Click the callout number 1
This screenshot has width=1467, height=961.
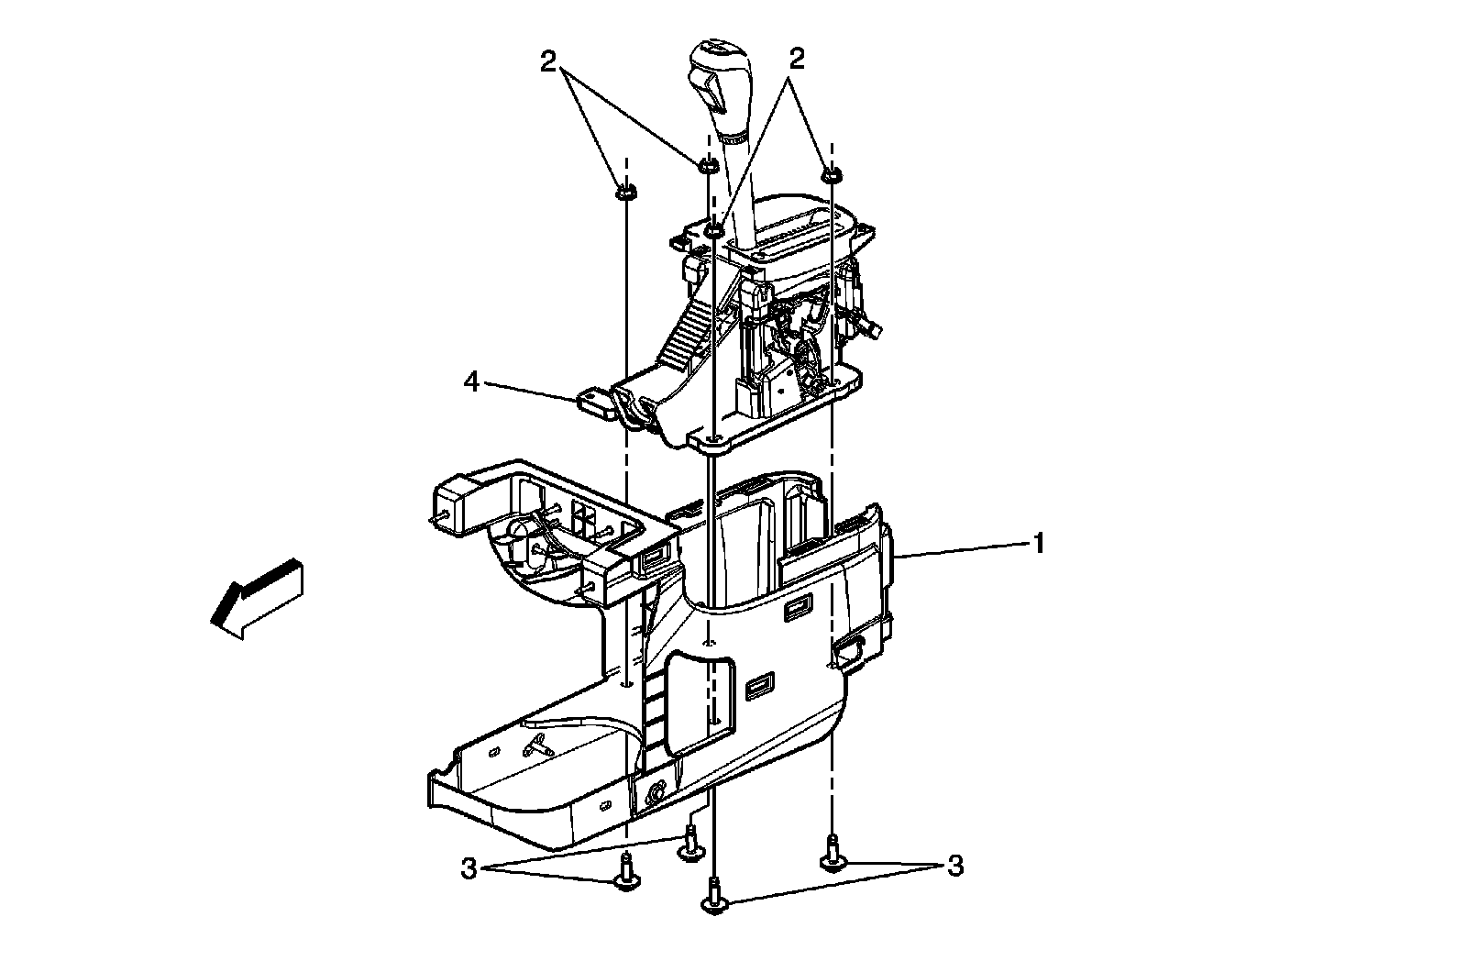pos(1038,543)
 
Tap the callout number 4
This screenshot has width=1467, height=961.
pos(472,381)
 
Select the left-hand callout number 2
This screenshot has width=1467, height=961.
pos(548,62)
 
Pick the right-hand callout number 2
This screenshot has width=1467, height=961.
pos(797,60)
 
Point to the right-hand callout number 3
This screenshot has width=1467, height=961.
pos(955,867)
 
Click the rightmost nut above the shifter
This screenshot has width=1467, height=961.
pos(832,175)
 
